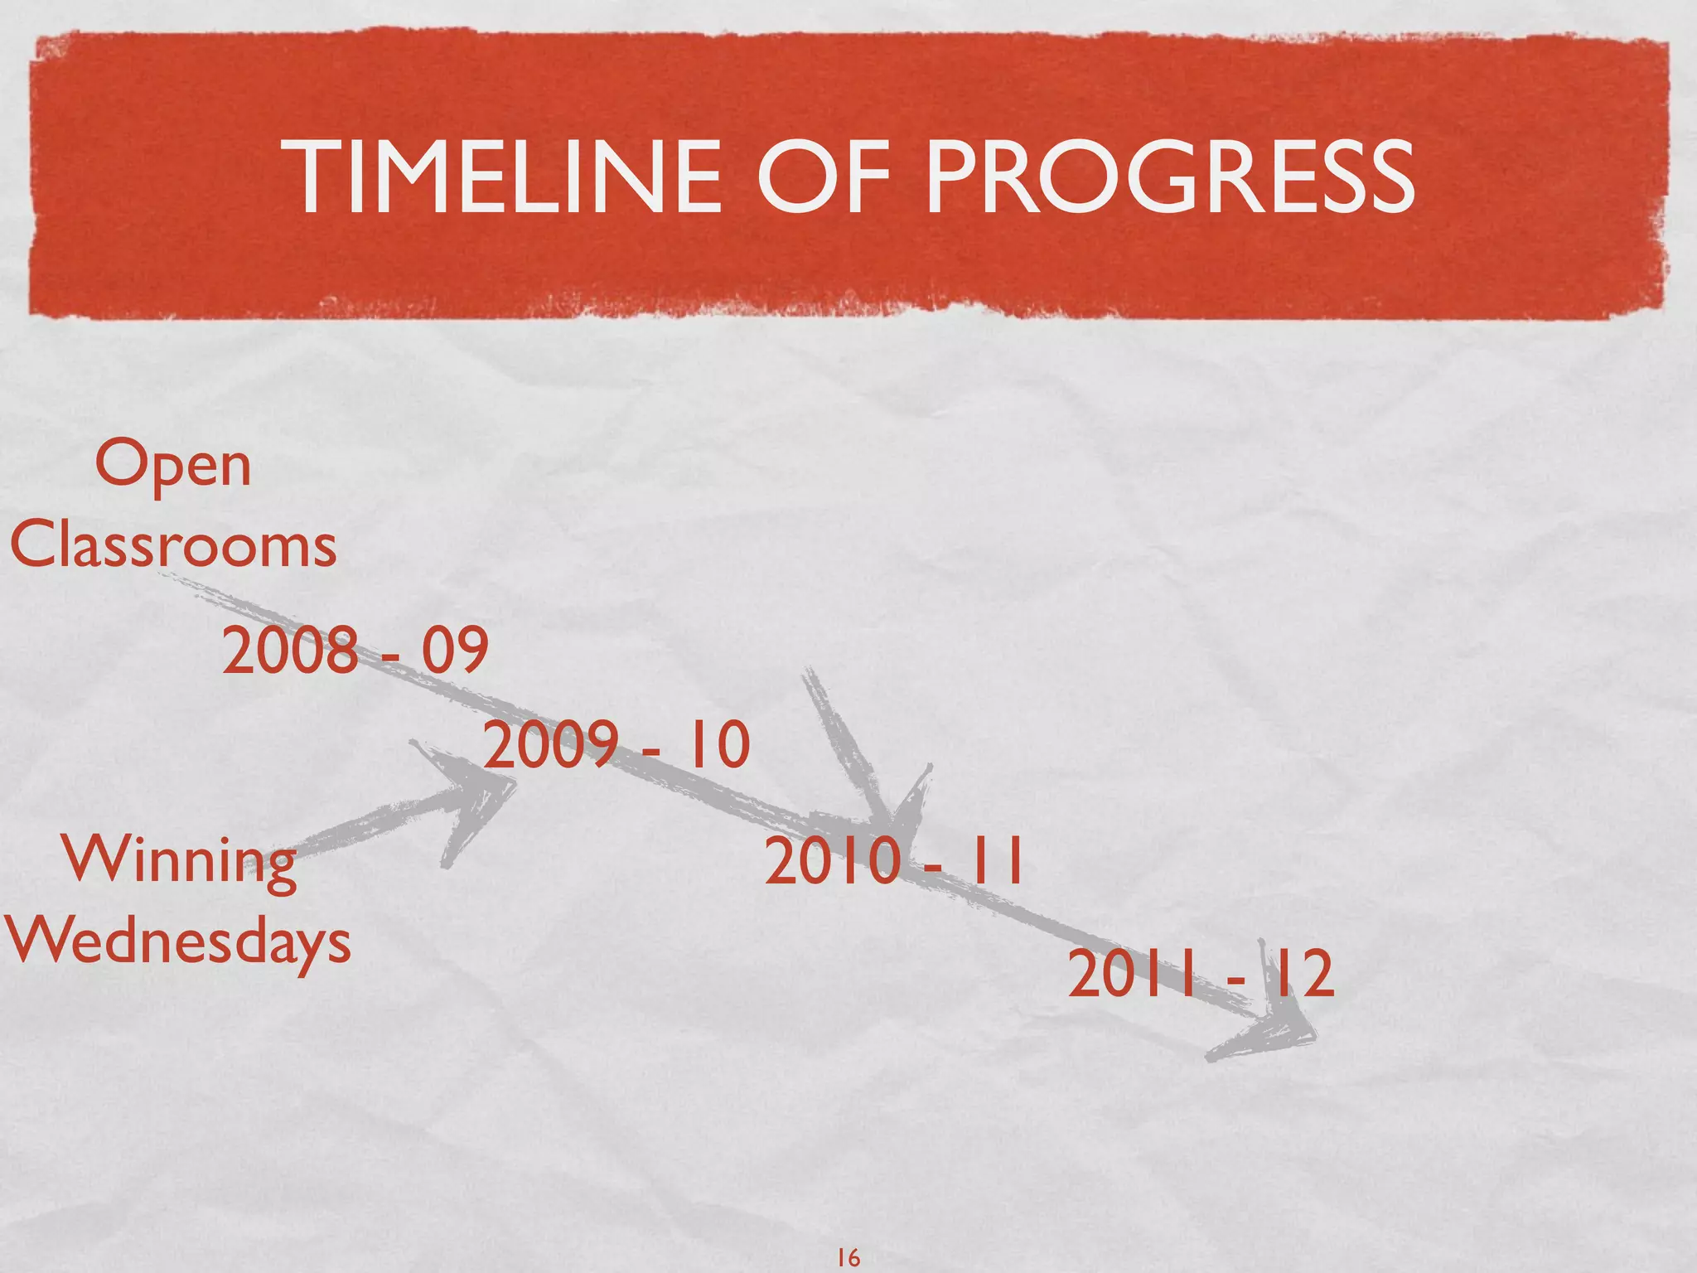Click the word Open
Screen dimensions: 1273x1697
[x=172, y=466]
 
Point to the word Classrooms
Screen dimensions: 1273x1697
[x=173, y=546]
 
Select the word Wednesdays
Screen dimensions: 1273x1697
[x=178, y=943]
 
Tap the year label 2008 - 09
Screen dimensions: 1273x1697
[x=355, y=651]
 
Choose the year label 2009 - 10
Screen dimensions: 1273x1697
[x=616, y=744]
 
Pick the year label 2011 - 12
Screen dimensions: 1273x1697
[x=1201, y=975]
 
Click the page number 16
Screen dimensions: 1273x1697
[x=848, y=1257]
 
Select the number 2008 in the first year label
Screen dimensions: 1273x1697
[x=290, y=651]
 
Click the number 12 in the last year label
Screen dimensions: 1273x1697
[x=1302, y=975]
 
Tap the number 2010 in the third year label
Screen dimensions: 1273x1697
[x=832, y=863]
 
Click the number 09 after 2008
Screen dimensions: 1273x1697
[x=455, y=651]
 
